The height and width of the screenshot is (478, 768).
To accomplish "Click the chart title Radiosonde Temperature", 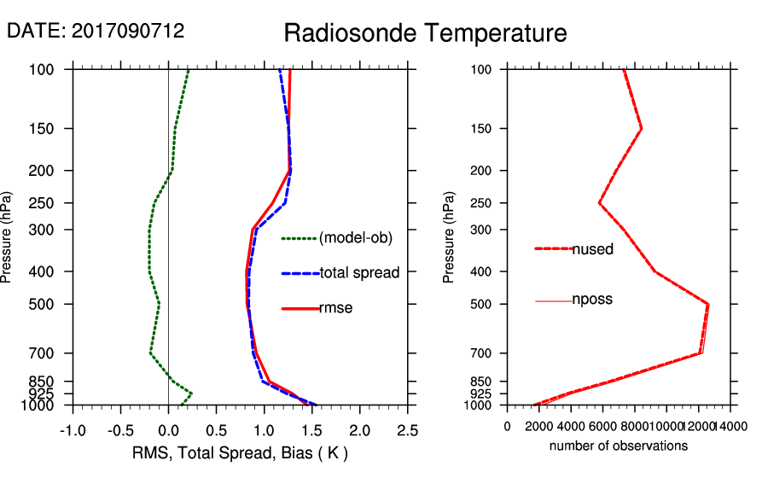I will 425,33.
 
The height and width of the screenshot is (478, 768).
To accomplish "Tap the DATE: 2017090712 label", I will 96,32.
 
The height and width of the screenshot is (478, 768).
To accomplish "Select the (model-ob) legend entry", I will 355,238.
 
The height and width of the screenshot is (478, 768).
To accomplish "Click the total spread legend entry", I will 358,273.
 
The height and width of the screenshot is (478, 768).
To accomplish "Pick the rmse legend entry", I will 335,308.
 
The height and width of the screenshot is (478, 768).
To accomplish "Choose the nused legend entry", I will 592,249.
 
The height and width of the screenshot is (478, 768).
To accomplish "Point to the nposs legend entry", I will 592,300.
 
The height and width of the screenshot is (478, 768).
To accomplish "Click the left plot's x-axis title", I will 240,452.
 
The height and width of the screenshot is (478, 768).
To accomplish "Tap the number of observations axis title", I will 619,446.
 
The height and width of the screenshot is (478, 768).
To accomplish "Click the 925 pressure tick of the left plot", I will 51,393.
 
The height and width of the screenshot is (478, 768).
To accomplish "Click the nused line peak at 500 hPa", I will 708,304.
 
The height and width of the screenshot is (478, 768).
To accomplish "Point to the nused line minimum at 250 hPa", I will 600,203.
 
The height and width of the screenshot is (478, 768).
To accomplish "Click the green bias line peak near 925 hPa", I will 191,393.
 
